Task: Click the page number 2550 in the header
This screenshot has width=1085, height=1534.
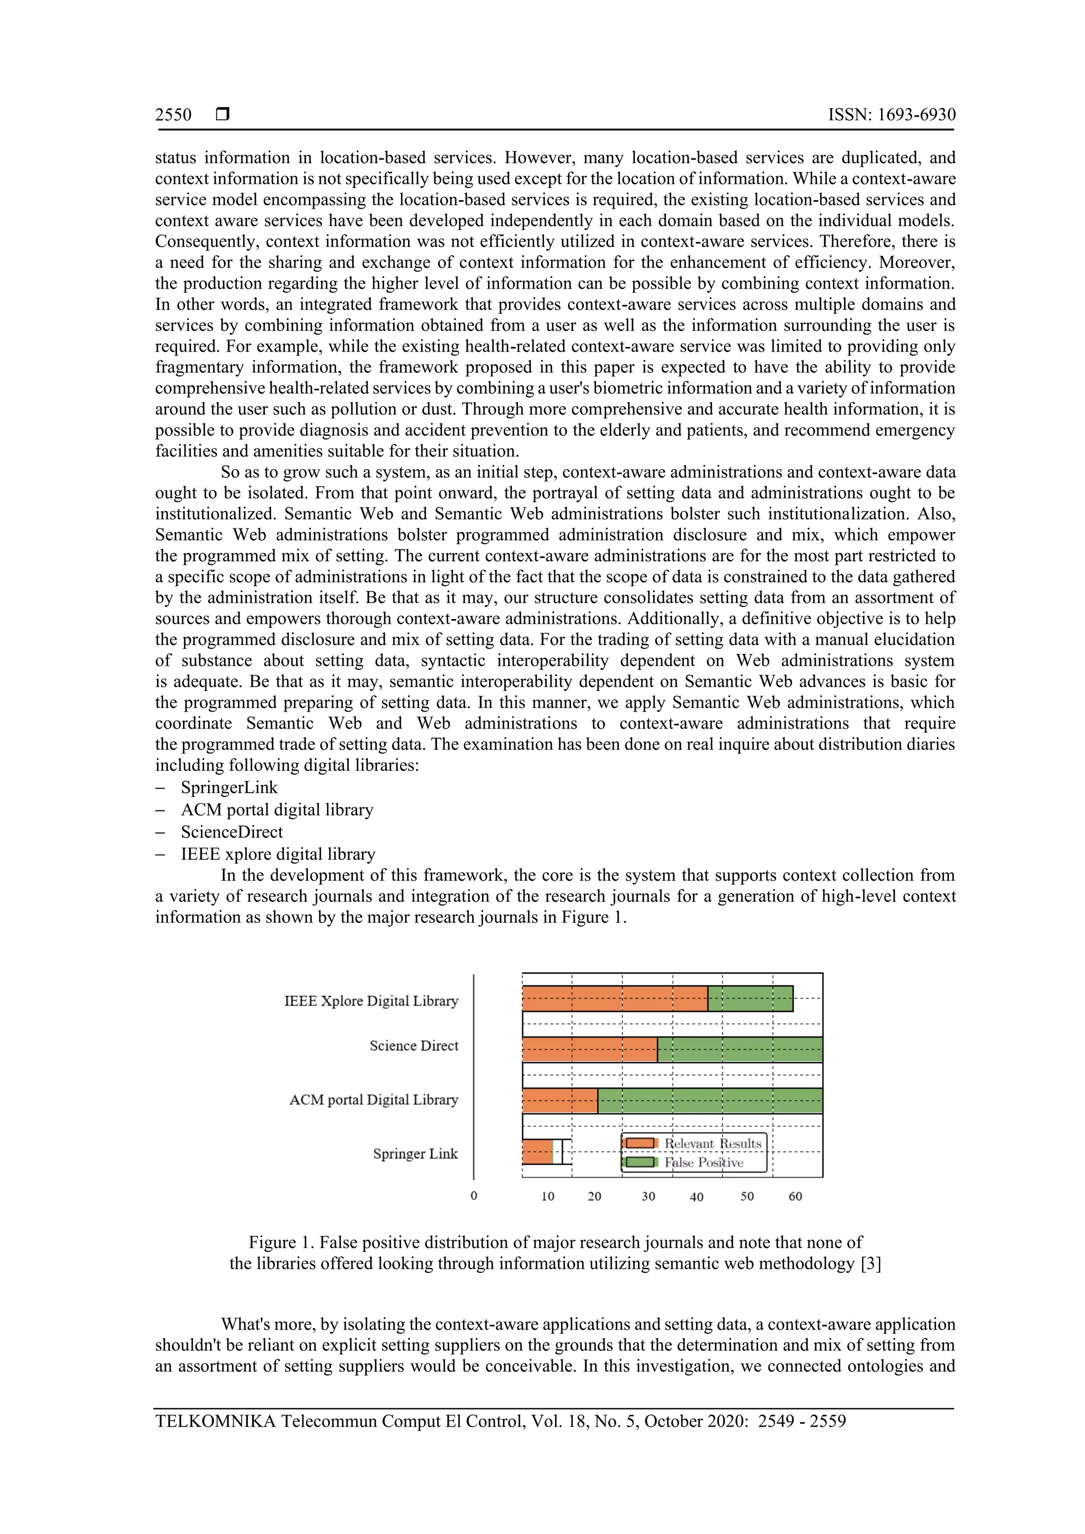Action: point(173,115)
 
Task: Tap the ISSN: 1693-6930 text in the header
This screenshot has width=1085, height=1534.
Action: point(891,115)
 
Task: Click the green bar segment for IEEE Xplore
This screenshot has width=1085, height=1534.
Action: point(750,998)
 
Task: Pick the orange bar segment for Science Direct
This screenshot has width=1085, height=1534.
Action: point(589,1049)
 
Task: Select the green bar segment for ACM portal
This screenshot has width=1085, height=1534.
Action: point(709,1100)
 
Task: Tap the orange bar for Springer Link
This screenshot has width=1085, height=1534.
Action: point(537,1151)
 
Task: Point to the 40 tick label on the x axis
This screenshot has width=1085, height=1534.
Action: point(696,1197)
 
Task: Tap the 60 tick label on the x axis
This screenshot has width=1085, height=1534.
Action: point(795,1196)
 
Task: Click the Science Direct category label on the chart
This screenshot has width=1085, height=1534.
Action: point(414,1046)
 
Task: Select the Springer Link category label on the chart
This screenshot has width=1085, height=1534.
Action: point(415,1154)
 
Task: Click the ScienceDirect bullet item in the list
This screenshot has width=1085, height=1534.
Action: point(232,832)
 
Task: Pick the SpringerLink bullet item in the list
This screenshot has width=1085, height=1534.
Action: point(229,788)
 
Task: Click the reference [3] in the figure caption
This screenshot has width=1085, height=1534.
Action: point(870,1263)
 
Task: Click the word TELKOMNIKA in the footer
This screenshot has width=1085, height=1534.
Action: point(215,1421)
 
